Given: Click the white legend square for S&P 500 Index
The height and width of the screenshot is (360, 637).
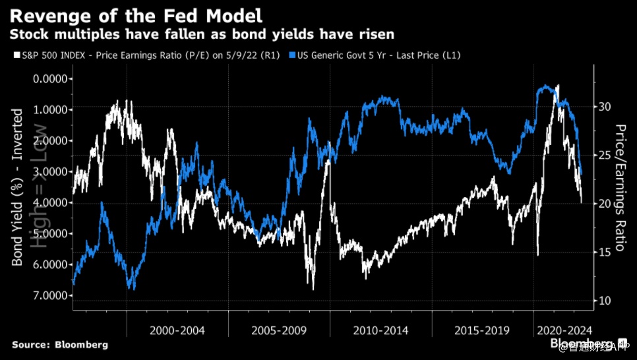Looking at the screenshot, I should point(15,55).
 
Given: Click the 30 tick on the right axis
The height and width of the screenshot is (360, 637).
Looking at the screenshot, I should point(606,107).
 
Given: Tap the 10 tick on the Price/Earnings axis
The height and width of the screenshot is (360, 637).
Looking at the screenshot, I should point(606,301).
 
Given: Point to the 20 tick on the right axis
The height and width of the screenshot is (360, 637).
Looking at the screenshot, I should point(606,204).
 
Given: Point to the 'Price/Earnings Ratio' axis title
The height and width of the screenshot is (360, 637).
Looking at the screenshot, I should point(621,187).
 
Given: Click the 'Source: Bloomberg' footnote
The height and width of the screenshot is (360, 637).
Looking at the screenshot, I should point(60,345).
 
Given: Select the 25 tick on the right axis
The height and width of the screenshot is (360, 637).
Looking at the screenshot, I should point(606,156).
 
